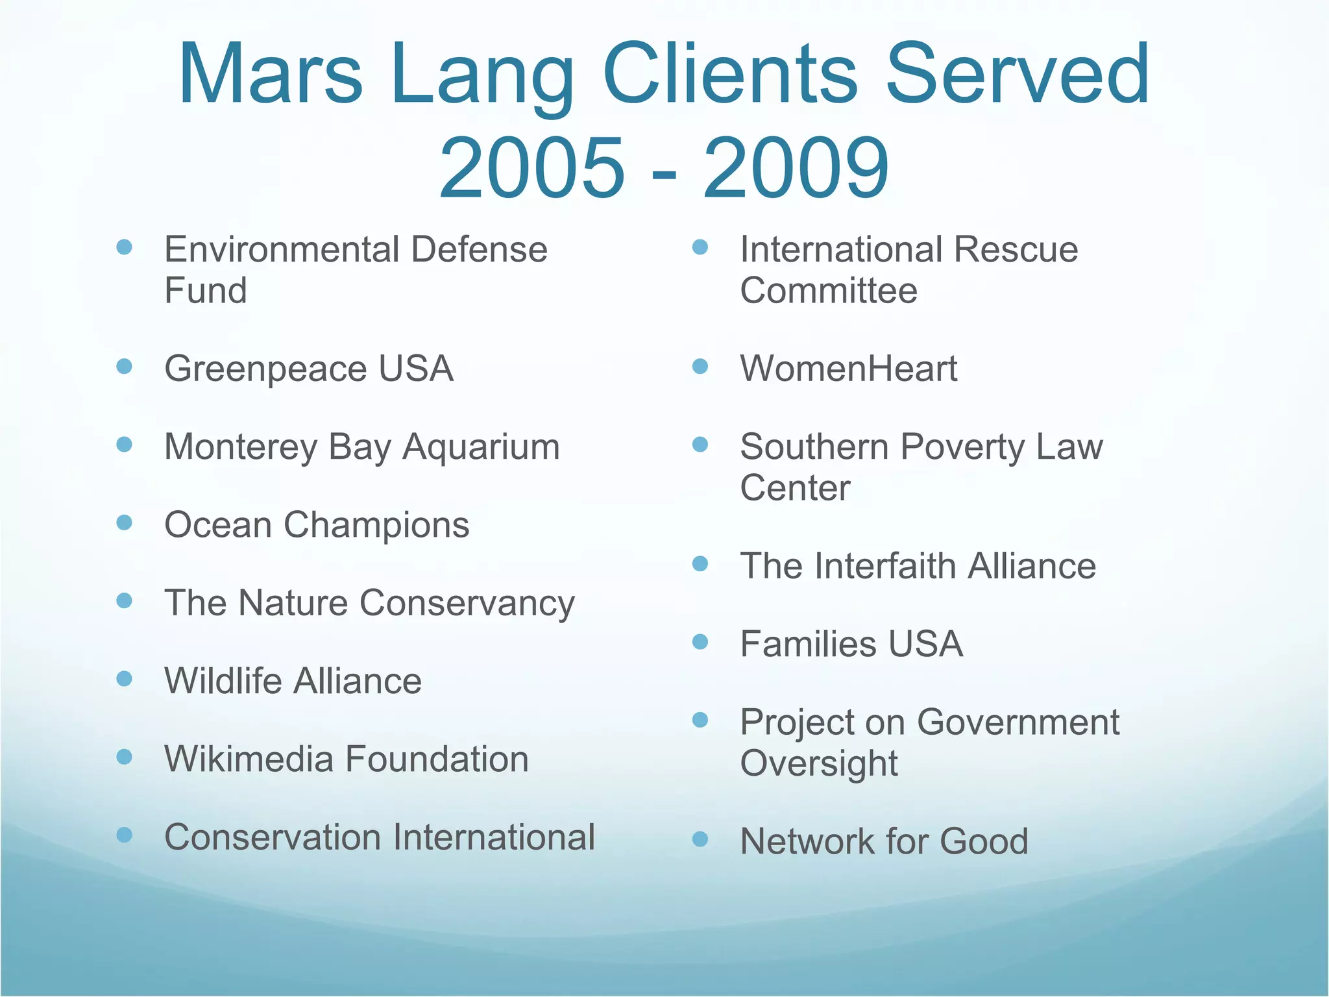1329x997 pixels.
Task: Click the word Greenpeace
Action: click(x=266, y=369)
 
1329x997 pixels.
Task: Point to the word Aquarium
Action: click(x=481, y=447)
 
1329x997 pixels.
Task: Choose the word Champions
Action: click(x=376, y=525)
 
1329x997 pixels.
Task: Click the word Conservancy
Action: click(x=467, y=604)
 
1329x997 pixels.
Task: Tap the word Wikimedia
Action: click(x=249, y=759)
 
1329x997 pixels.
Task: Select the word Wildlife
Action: click(x=224, y=681)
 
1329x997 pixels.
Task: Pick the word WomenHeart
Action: click(x=848, y=369)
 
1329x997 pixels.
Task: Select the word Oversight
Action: click(x=819, y=763)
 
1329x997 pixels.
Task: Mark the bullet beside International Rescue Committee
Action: click(x=700, y=247)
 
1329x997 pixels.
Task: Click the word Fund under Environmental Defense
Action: click(x=205, y=290)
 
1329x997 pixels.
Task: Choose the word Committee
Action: click(x=829, y=290)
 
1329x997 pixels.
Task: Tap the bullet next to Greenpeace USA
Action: click(x=124, y=367)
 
